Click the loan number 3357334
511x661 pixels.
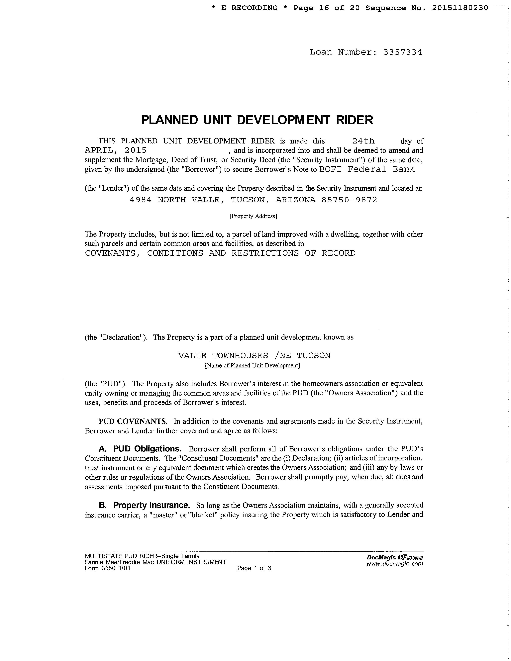pyautogui.click(x=402, y=52)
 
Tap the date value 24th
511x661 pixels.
pyautogui.click(x=363, y=141)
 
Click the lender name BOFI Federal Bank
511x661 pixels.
pyautogui.click(x=367, y=169)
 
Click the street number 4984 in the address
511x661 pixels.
pyautogui.click(x=141, y=200)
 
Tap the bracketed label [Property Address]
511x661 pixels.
pyautogui.click(x=253, y=216)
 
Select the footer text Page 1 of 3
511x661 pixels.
pyautogui.click(x=254, y=568)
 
